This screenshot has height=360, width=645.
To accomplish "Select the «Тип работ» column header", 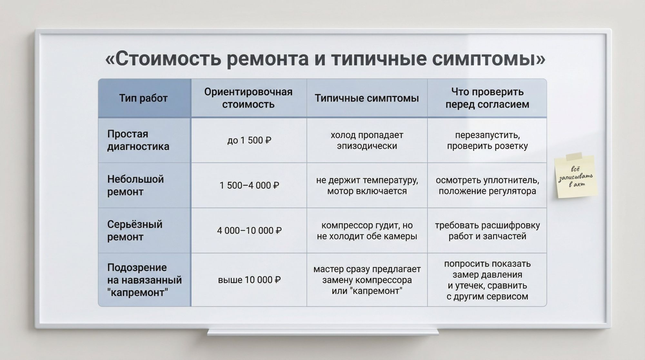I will click(x=144, y=98).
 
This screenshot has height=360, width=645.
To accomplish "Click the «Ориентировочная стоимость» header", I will click(x=248, y=98).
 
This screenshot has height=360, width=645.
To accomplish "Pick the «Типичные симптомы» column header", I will click(x=367, y=98).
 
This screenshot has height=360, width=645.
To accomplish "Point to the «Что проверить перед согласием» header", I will click(x=487, y=98).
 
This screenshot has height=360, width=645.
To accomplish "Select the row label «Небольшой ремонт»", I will click(x=135, y=185).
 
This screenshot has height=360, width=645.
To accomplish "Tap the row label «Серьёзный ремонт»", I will click(x=135, y=230).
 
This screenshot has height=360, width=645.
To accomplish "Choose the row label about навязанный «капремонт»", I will click(x=144, y=280).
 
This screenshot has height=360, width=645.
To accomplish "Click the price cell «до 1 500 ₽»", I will click(x=249, y=140).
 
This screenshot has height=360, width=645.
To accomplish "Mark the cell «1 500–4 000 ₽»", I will click(x=249, y=185).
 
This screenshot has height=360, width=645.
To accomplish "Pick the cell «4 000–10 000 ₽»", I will click(x=249, y=231).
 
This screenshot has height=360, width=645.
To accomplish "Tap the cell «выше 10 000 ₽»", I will click(x=249, y=280).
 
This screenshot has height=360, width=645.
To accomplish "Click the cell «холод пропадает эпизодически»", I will click(x=367, y=140).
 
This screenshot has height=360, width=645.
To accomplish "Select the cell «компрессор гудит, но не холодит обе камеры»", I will click(x=367, y=231).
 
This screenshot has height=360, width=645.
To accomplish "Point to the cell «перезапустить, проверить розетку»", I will click(x=487, y=140).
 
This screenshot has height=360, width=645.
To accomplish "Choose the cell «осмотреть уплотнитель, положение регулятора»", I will click(x=487, y=185).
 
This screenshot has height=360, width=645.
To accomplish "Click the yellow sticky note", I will click(x=576, y=177).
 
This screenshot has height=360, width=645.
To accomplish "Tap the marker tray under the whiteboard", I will click(x=322, y=332).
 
